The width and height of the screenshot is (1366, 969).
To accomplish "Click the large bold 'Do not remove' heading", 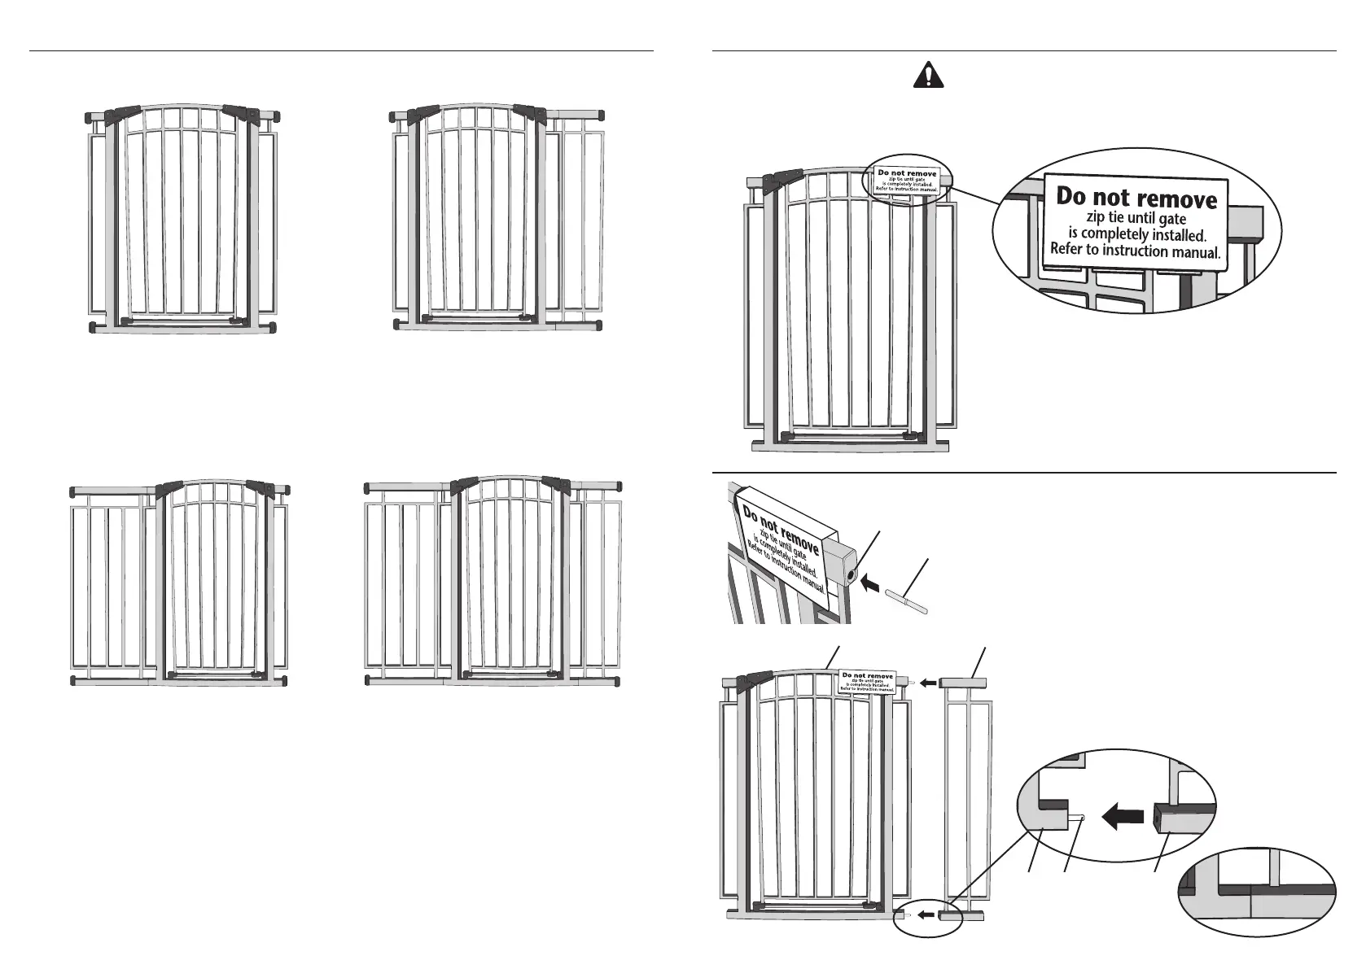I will (x=1136, y=198).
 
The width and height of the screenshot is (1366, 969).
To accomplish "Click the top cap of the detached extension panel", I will (x=964, y=683).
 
